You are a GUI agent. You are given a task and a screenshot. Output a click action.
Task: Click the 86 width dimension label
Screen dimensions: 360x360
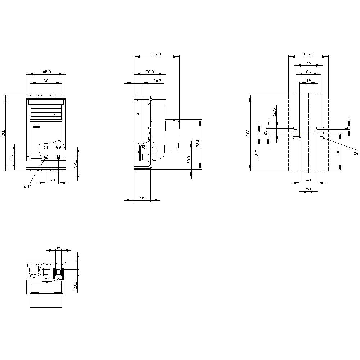[46, 81]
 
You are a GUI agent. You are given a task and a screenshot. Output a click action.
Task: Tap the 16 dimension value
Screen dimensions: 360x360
[12, 157]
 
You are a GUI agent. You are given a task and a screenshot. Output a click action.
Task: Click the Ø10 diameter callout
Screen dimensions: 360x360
[28, 186]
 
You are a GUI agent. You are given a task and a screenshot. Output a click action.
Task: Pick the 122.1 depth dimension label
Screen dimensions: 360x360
[156, 54]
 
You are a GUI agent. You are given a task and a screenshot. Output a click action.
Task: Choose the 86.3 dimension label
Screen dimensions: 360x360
[150, 72]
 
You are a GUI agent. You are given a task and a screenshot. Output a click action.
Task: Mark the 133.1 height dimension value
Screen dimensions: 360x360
[198, 144]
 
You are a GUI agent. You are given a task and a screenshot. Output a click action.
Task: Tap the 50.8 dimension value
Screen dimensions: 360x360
[189, 159]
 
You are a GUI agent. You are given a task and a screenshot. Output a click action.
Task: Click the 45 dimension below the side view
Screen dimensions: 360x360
[142, 198]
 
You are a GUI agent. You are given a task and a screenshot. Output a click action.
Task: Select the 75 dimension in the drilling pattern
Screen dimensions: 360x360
[309, 63]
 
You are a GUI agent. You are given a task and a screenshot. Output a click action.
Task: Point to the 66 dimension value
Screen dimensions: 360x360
[309, 72]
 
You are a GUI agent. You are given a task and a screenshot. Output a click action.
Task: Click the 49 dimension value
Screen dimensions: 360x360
[309, 81]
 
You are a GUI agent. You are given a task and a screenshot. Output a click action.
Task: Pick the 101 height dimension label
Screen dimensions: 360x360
[338, 152]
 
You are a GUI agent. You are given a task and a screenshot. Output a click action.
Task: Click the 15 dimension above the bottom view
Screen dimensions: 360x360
[59, 248]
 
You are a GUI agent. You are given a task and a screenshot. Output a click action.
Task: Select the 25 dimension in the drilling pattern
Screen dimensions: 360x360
[265, 132]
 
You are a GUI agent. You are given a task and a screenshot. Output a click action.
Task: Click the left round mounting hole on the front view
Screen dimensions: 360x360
[46, 157]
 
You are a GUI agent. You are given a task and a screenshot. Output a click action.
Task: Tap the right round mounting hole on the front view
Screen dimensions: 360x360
[59, 157]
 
